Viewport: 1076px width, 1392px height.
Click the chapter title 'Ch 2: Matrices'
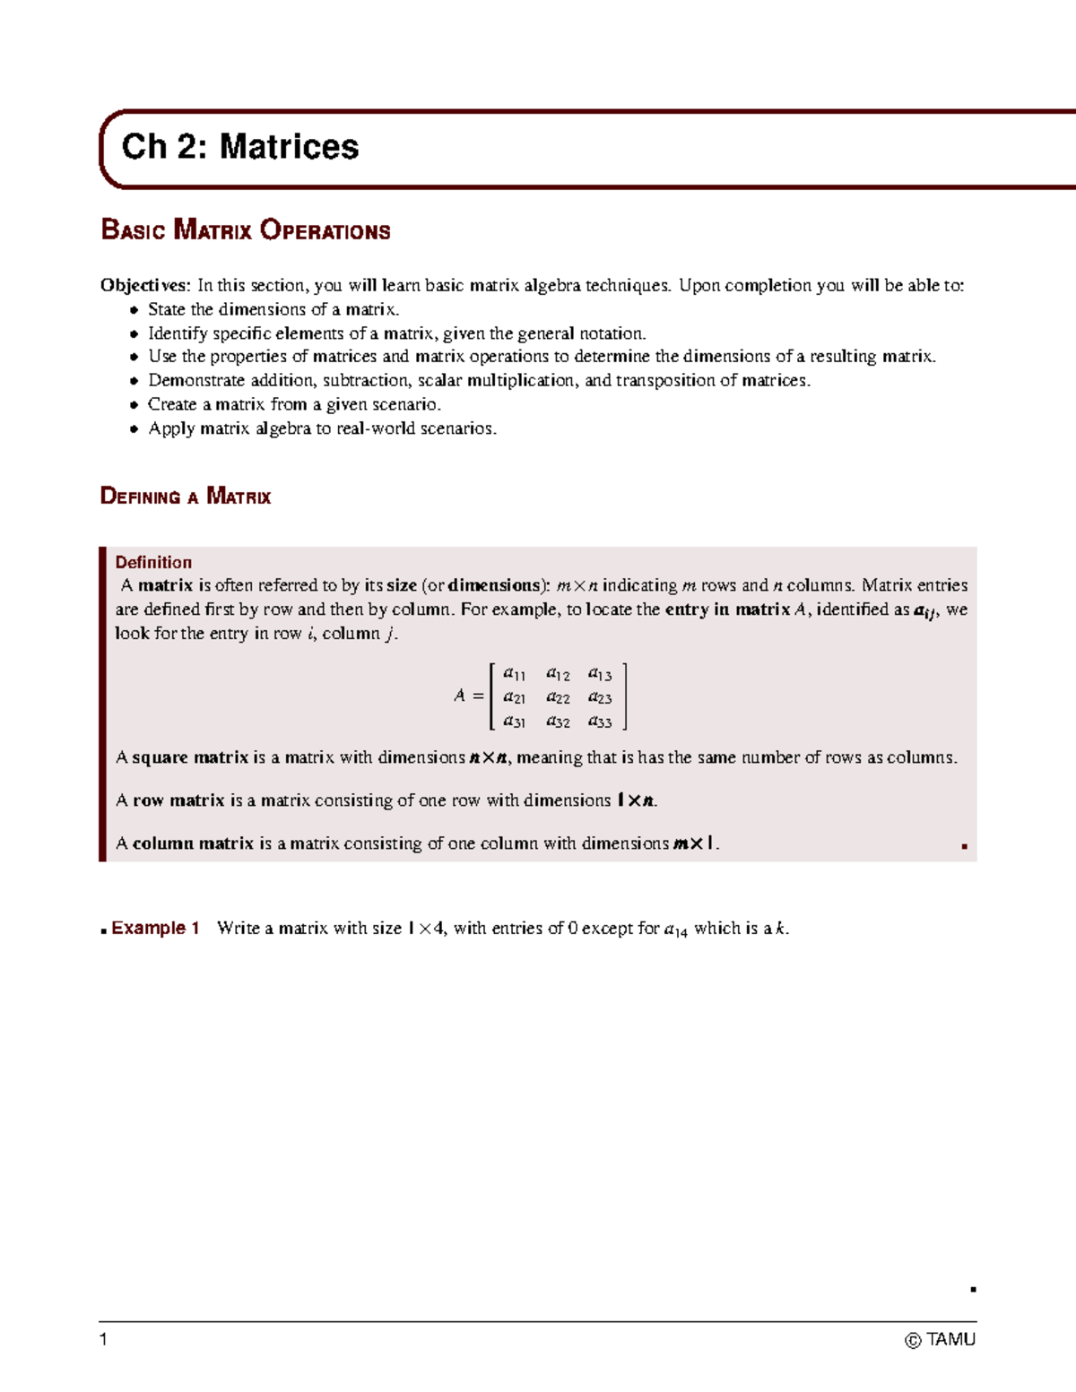click(x=239, y=147)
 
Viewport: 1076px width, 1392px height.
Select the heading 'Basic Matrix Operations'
click(x=246, y=230)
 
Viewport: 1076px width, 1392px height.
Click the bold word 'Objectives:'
click(x=145, y=285)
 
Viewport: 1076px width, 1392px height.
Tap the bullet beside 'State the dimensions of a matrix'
click(x=134, y=310)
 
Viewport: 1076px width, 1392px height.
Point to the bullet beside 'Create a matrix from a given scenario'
click(x=134, y=405)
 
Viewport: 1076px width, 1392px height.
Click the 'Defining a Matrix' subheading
click(x=186, y=497)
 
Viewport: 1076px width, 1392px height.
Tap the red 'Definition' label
click(x=153, y=562)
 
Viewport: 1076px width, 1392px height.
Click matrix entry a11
click(x=515, y=673)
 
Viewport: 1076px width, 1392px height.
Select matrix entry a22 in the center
click(x=558, y=697)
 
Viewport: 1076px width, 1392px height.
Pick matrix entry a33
click(x=600, y=722)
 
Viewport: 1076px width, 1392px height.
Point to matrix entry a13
click(x=600, y=673)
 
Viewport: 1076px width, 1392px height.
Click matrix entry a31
click(x=515, y=722)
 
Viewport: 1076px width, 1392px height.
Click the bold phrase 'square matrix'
click(x=190, y=757)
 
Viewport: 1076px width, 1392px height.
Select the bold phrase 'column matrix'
click(x=193, y=843)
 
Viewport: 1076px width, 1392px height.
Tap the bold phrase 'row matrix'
click(x=178, y=800)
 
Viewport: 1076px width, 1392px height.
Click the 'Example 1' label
click(x=155, y=928)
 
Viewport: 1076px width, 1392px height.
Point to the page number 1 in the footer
click(x=104, y=1339)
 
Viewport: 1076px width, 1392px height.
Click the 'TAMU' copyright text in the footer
click(x=950, y=1339)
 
